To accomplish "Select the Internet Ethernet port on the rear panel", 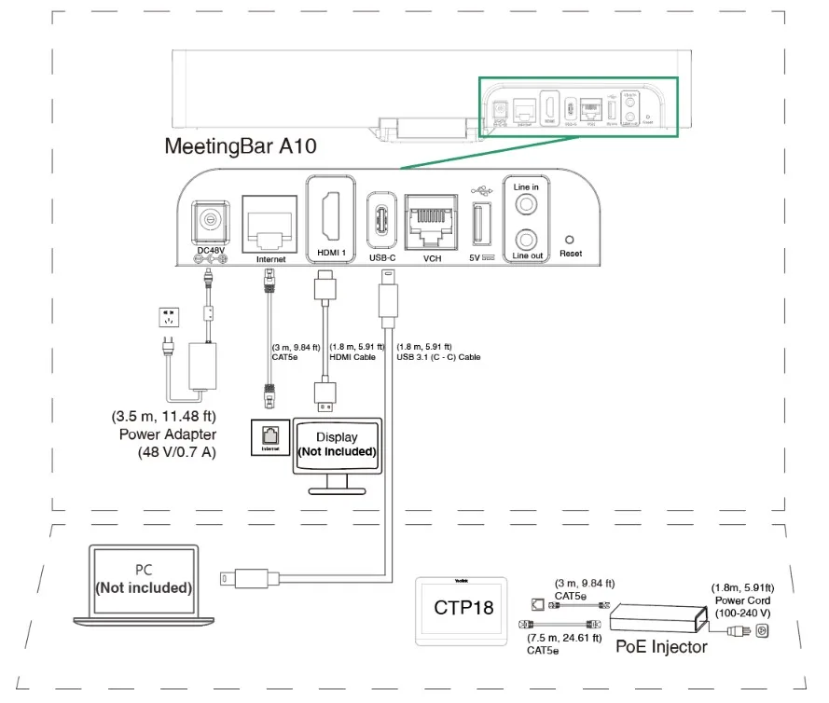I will tap(269, 223).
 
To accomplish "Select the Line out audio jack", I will tap(526, 239).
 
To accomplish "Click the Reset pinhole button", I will tap(570, 239).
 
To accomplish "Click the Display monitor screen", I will tap(337, 444).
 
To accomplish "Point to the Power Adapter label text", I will tap(168, 434).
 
